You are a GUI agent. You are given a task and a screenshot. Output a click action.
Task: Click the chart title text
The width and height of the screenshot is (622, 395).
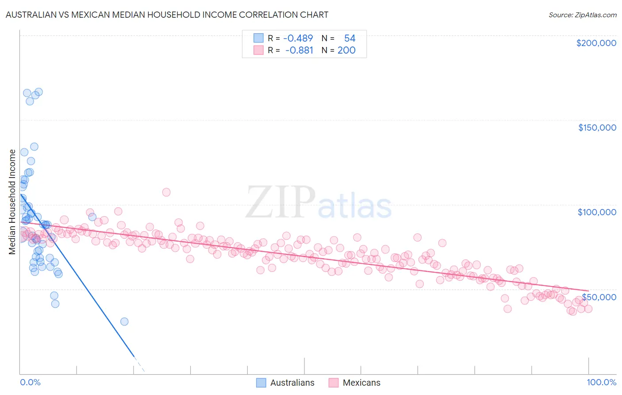(166, 15)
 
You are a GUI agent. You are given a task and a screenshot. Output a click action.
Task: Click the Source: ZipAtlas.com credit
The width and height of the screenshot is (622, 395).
(582, 15)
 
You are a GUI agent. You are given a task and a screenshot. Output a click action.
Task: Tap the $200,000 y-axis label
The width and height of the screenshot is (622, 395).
(596, 43)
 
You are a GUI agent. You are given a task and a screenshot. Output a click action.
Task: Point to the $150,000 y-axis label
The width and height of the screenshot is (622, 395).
(597, 128)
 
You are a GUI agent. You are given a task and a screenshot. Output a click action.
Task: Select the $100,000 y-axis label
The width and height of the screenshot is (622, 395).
(597, 212)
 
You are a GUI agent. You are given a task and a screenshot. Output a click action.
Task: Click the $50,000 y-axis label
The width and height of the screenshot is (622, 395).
(599, 297)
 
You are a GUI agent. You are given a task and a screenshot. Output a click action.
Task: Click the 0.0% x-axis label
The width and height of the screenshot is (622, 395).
(30, 382)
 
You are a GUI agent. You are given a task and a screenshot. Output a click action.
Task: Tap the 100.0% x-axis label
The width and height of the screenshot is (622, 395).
(601, 382)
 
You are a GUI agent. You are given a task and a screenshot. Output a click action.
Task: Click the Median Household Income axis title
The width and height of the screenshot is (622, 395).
(12, 202)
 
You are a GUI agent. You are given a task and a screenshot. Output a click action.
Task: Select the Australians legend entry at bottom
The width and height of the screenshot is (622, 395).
(285, 383)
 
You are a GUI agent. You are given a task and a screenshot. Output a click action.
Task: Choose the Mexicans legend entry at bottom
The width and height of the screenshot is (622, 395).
(354, 383)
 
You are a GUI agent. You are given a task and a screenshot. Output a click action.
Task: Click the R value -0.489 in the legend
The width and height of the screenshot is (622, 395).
(298, 39)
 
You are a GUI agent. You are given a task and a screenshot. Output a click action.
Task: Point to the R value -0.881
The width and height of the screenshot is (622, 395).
(299, 50)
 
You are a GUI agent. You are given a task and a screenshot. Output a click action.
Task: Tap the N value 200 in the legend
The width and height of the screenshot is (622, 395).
(346, 50)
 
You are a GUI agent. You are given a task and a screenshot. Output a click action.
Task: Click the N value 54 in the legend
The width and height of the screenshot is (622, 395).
(349, 39)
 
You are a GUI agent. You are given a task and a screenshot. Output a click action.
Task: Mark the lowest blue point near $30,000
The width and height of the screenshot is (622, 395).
(124, 321)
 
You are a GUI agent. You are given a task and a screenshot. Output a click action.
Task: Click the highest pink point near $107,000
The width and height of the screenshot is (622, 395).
(166, 192)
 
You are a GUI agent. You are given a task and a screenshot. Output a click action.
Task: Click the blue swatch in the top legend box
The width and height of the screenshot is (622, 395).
(258, 39)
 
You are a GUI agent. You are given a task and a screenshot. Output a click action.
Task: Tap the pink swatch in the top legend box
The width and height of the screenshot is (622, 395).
(258, 50)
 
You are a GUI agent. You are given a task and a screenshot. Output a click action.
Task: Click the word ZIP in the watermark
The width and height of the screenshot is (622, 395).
(280, 202)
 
